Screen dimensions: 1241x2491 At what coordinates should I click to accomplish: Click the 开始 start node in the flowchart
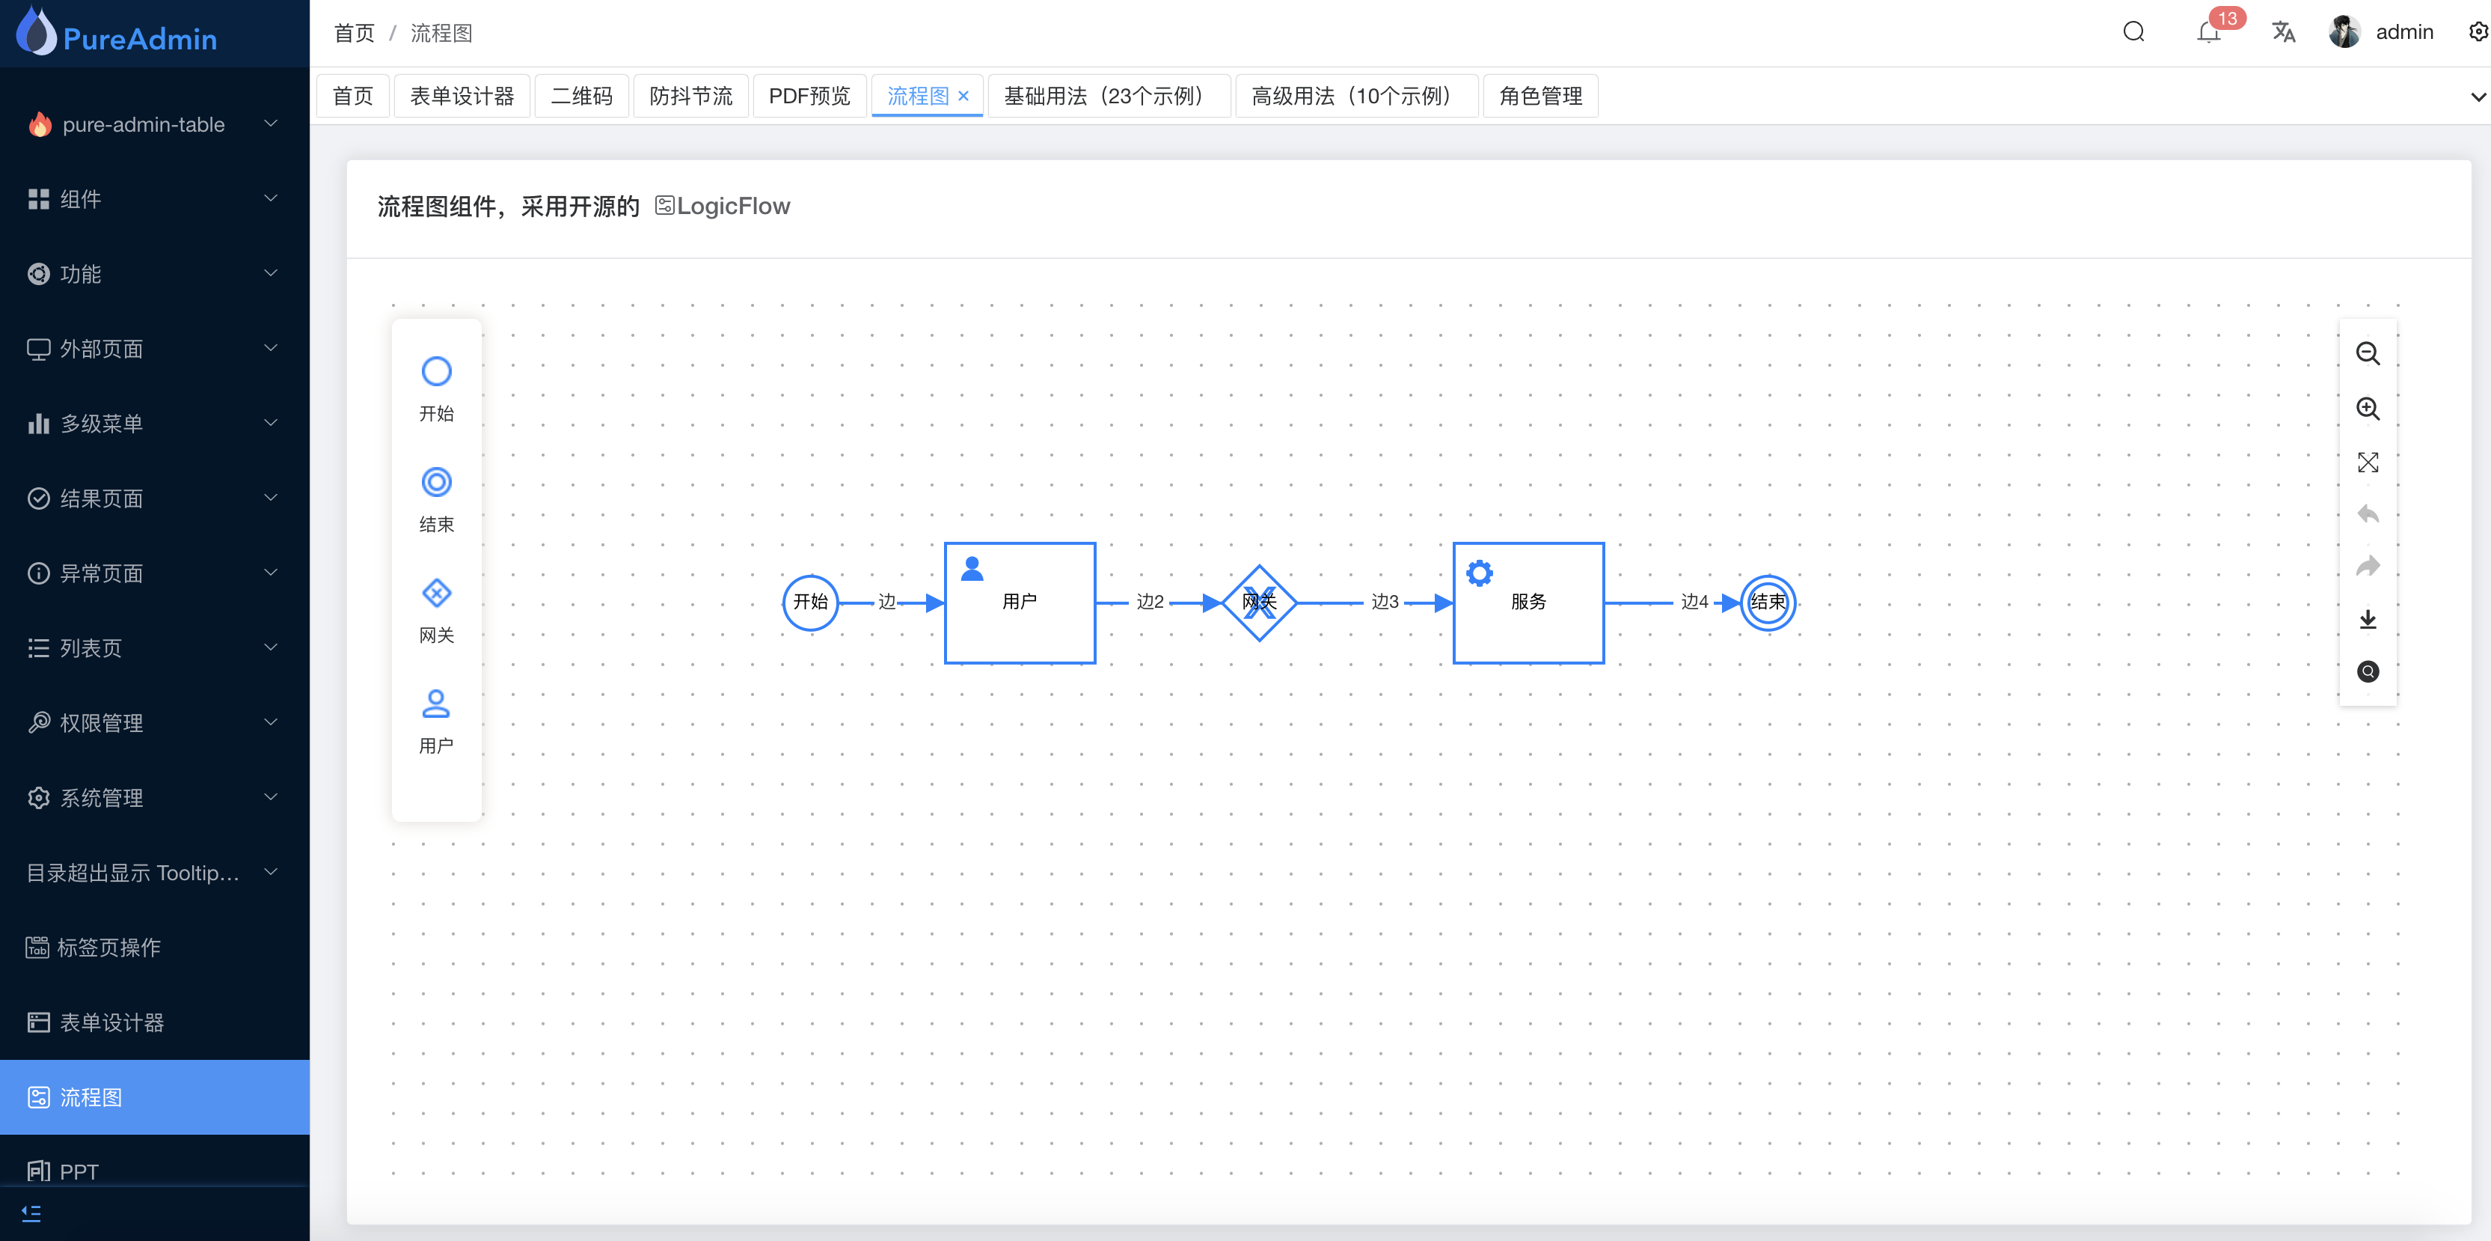(810, 602)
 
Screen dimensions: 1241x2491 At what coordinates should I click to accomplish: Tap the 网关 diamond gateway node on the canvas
(1259, 603)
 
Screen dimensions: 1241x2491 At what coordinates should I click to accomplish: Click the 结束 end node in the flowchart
(1768, 602)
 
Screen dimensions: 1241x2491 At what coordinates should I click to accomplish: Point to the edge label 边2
(1150, 602)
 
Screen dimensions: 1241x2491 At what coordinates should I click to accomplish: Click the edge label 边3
(1385, 602)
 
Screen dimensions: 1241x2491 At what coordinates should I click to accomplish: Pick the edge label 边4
(1694, 602)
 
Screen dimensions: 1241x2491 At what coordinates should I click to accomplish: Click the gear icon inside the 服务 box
(1479, 573)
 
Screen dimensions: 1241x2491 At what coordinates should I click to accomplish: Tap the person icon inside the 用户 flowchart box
(972, 570)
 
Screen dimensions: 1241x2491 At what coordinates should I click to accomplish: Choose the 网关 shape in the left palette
(436, 594)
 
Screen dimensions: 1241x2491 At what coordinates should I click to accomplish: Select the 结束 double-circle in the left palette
(436, 483)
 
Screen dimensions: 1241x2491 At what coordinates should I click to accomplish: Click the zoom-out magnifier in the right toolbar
(2368, 354)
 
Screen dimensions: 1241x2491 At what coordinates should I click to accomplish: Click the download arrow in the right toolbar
(2368, 619)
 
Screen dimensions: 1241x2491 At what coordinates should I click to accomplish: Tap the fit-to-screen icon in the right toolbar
(2368, 463)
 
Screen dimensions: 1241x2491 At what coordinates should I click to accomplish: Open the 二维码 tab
(581, 96)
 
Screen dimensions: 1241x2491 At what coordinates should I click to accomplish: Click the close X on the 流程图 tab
(963, 96)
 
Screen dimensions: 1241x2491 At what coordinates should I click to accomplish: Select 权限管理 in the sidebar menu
(102, 722)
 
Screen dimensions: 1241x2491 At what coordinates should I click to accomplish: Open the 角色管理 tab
(1540, 96)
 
